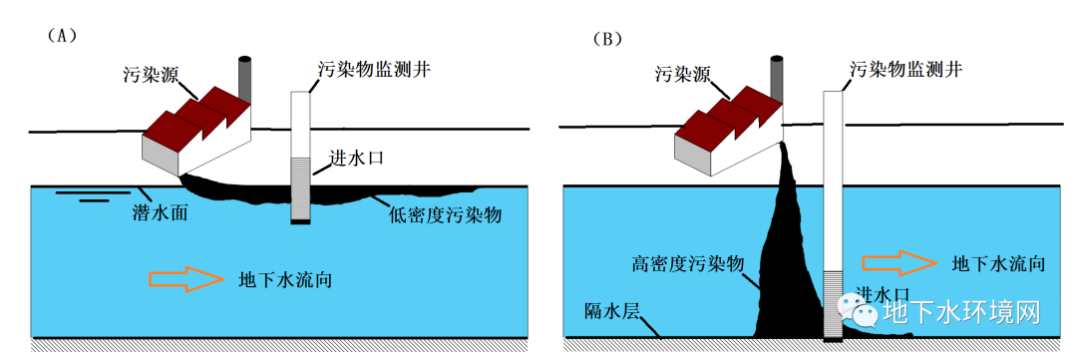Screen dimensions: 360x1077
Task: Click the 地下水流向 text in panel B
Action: [998, 264]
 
